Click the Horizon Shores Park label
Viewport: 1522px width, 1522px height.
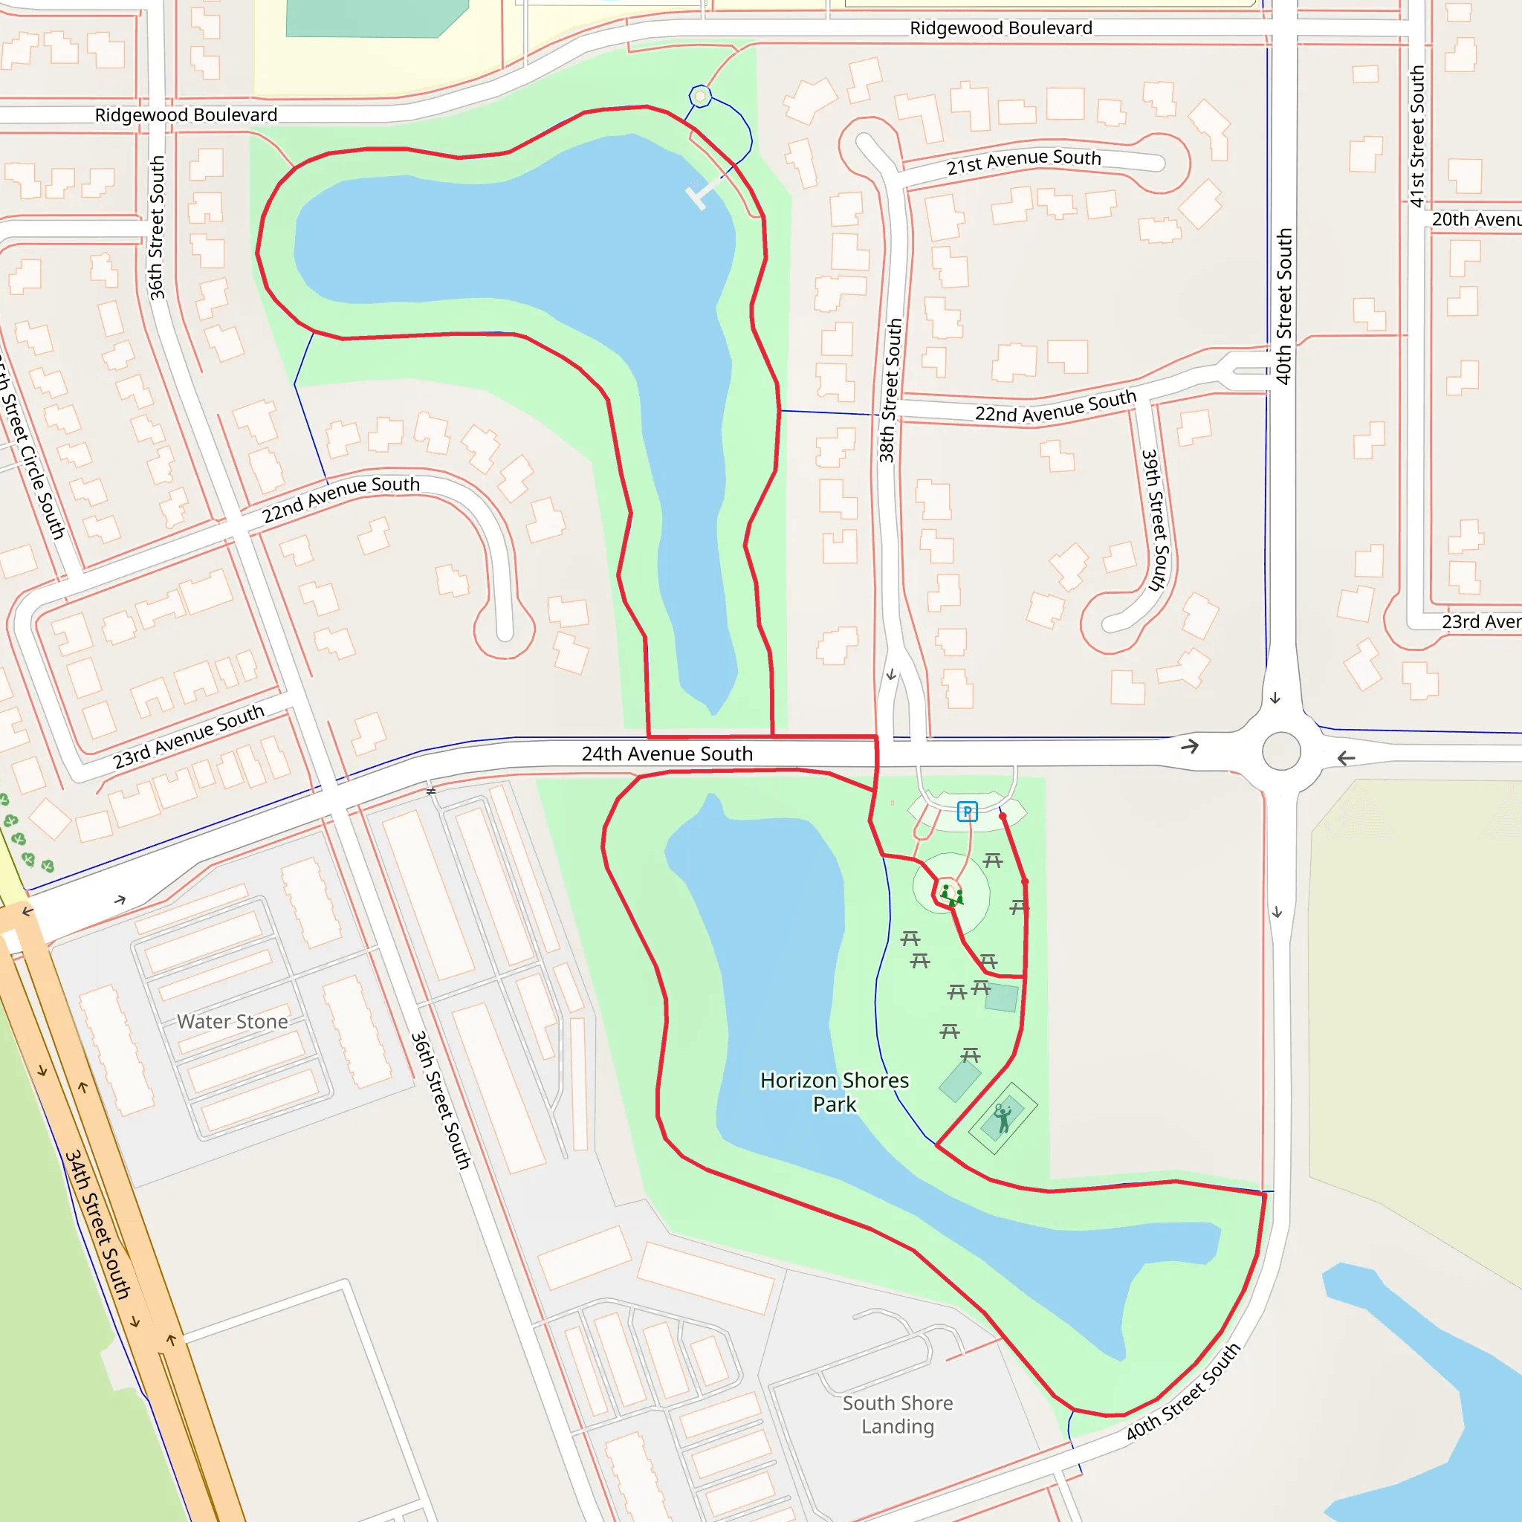tap(835, 1092)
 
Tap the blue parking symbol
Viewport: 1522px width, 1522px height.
tap(968, 812)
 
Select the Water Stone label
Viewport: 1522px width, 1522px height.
tap(233, 1022)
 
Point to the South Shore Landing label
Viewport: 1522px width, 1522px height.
tap(897, 1414)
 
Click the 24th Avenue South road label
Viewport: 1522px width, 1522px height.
tap(667, 754)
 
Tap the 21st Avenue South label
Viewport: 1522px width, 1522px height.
tap(1023, 161)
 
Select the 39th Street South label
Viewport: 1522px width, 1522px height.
tap(1155, 520)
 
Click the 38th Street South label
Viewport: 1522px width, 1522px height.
tap(891, 390)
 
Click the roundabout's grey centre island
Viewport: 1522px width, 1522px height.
tap(1282, 751)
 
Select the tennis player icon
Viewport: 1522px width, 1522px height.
tap(1003, 1118)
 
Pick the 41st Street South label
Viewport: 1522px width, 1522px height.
tap(1417, 136)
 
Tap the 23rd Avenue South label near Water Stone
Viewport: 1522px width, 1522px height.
tap(188, 736)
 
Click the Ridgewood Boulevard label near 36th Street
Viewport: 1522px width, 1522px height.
tap(186, 115)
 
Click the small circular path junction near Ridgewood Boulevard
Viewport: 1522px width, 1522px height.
tap(700, 96)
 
